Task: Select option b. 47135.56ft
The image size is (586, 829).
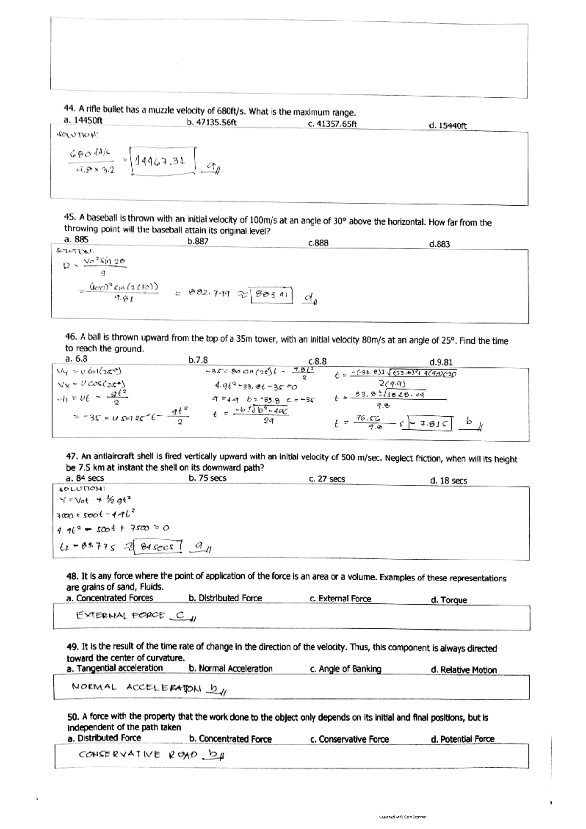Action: [x=211, y=122]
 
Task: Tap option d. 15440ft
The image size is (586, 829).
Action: [x=447, y=125]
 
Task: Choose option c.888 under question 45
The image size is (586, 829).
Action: [x=318, y=242]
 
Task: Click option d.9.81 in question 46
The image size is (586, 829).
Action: [x=440, y=362]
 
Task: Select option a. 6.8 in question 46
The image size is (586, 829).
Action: [x=76, y=358]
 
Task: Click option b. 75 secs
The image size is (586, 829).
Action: [x=207, y=478]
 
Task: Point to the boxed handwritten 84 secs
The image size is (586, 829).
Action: [x=157, y=547]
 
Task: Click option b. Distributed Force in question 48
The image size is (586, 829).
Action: [x=225, y=598]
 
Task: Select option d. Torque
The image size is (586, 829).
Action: [x=448, y=600]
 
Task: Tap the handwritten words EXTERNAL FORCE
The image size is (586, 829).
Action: [x=120, y=616]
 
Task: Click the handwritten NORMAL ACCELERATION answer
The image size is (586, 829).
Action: [x=136, y=688]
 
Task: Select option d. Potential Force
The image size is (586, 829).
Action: [x=462, y=739]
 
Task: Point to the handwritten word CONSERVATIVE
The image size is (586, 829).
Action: [x=119, y=755]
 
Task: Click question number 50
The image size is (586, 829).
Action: [x=73, y=717]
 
